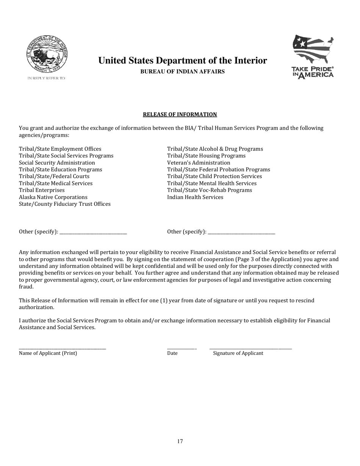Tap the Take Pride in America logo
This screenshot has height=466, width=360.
click(x=313, y=57)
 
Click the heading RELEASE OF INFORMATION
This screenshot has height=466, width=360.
click(x=180, y=114)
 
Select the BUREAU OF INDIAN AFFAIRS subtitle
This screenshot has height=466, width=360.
click(x=182, y=72)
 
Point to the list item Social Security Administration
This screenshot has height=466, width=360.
click(x=57, y=163)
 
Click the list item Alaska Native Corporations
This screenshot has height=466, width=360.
click(x=53, y=197)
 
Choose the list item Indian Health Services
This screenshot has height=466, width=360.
click(x=195, y=197)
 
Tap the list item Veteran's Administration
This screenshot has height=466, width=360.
click(x=199, y=163)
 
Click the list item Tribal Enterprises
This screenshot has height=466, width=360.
click(x=42, y=190)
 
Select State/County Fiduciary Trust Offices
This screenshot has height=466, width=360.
click(x=65, y=204)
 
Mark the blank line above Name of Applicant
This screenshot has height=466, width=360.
click(x=63, y=348)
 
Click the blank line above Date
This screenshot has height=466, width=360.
click(x=182, y=348)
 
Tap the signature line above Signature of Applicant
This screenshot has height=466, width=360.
click(x=250, y=348)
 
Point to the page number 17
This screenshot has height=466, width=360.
click(x=180, y=441)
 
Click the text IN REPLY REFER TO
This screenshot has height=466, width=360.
click(x=46, y=78)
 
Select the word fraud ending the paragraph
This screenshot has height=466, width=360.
click(x=26, y=287)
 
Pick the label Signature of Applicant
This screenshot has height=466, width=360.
click(x=238, y=353)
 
